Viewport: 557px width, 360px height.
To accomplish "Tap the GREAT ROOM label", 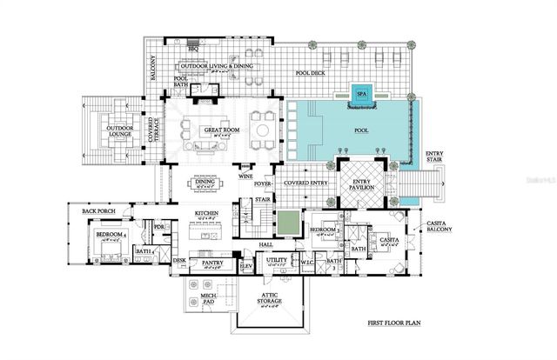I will (x=222, y=130).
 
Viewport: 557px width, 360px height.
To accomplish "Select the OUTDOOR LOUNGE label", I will (x=120, y=132).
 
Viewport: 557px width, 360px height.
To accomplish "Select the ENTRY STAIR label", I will (x=434, y=157).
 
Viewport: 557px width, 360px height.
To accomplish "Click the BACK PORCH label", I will (x=100, y=211).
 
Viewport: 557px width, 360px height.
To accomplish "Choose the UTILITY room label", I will (x=277, y=260).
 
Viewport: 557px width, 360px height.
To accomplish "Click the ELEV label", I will (x=245, y=264).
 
